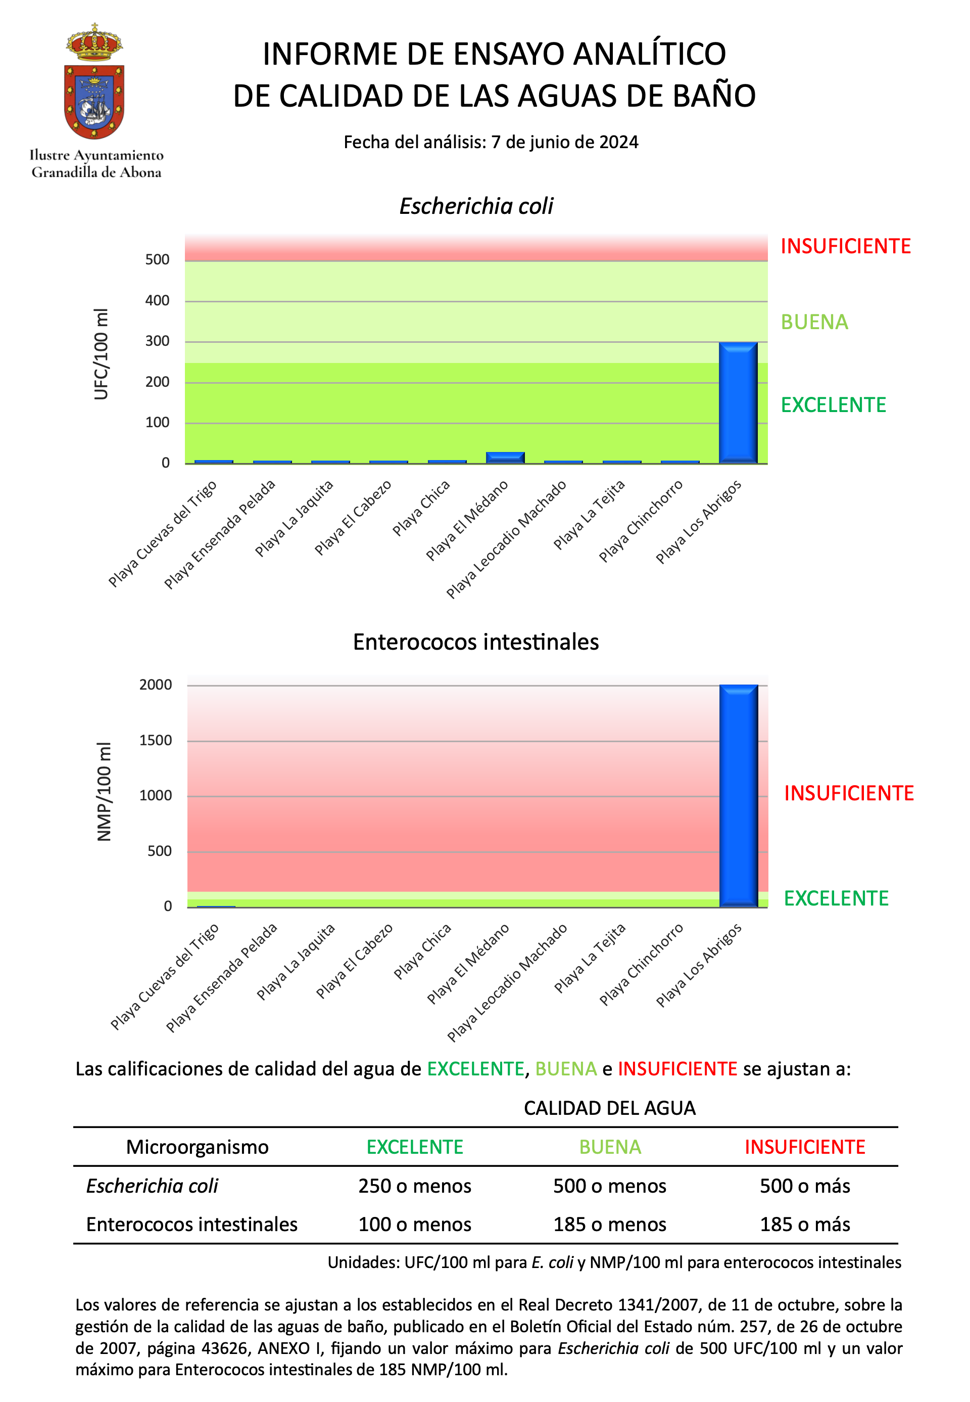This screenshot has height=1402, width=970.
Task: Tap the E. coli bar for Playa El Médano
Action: pos(505,458)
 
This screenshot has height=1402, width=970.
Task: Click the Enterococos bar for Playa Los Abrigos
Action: pos(739,796)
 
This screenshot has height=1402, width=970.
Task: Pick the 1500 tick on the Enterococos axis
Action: pos(156,740)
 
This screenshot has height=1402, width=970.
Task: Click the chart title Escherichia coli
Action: pos(476,206)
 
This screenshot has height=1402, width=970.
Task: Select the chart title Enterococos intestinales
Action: pos(476,642)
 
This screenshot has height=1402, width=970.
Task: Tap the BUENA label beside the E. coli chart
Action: pos(814,322)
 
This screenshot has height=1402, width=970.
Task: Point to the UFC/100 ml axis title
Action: pos(101,354)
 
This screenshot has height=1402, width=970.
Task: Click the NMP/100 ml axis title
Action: pos(104,791)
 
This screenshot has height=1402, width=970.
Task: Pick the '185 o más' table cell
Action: pos(805,1224)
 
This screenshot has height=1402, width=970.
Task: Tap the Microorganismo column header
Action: pos(197,1147)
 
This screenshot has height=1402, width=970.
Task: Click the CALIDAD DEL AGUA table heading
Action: pos(610,1108)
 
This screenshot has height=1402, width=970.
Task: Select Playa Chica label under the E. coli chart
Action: pos(421,509)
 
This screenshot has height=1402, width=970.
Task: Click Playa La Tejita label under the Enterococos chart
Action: pos(590,958)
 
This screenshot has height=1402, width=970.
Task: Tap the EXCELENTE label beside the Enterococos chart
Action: pos(836,898)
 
